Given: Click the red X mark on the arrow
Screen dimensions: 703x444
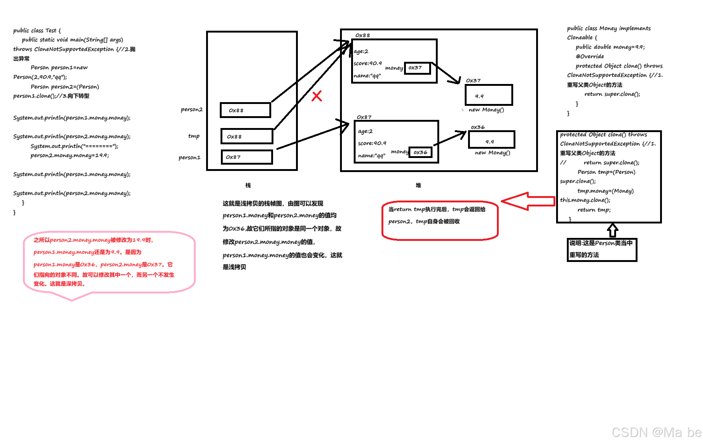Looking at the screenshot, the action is click(317, 96).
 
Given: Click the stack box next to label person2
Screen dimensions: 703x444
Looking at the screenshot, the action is click(246, 110).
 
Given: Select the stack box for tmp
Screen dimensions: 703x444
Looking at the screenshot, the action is click(247, 137).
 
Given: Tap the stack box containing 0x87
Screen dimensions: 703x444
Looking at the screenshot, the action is click(247, 157).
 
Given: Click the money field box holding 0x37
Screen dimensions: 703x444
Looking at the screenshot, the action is click(417, 68).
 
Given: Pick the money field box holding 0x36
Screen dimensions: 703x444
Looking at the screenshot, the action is click(421, 152).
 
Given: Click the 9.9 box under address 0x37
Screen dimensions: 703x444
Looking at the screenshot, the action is click(489, 95).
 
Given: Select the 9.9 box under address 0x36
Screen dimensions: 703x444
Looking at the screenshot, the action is click(491, 140).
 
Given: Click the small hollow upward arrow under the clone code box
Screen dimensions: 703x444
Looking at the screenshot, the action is click(613, 230).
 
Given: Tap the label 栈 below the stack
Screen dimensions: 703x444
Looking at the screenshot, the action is click(248, 185).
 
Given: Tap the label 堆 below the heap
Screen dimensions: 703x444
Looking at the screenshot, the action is click(418, 185).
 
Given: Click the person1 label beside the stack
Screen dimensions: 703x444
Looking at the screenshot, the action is click(189, 158).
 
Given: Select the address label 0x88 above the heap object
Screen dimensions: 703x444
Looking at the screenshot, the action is click(363, 36).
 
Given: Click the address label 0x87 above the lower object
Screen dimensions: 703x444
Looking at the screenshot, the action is click(364, 117).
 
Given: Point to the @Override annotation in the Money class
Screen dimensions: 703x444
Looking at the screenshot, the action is click(590, 57).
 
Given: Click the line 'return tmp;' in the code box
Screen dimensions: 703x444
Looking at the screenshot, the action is click(594, 210).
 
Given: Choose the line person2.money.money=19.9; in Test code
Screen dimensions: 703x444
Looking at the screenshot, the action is click(70, 155).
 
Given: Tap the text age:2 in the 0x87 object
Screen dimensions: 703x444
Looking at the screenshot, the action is click(365, 131).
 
